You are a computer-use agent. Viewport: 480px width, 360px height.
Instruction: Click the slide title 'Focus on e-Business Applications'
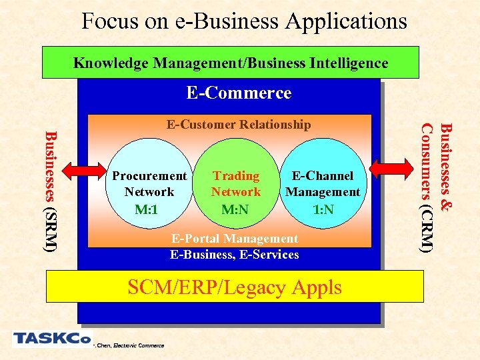(x=243, y=21)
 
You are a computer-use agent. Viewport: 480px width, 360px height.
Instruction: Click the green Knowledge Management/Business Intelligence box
(x=230, y=62)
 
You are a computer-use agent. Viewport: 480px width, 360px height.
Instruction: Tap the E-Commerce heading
(x=239, y=93)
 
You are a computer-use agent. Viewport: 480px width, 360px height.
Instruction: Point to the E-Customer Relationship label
(x=238, y=125)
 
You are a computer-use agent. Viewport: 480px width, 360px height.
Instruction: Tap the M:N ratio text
(x=236, y=210)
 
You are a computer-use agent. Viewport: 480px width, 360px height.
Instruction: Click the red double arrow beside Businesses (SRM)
(x=78, y=170)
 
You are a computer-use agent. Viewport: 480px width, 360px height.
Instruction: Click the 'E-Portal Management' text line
(x=235, y=238)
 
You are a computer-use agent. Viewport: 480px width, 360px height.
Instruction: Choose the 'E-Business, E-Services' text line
(x=234, y=254)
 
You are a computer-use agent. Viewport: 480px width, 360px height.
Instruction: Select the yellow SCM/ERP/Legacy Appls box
(x=235, y=287)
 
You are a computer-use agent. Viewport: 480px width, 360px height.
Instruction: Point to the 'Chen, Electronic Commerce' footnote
(x=129, y=345)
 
